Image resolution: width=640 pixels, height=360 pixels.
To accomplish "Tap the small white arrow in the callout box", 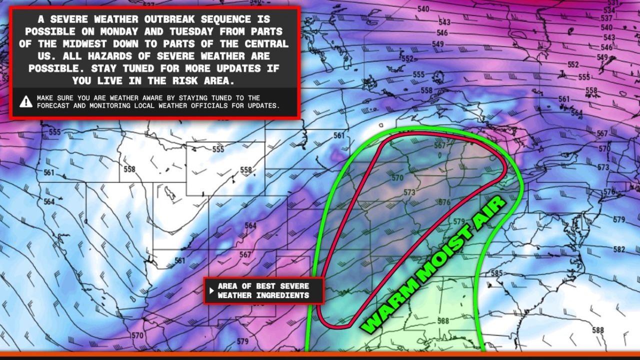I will (x=212, y=290).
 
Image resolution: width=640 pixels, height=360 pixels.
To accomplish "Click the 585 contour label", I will (x=496, y=273).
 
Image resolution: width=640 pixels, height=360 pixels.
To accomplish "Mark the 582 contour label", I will (x=619, y=249).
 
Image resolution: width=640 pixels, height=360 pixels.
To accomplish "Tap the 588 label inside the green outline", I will (x=442, y=321).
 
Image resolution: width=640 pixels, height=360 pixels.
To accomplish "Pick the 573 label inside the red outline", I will (x=409, y=192).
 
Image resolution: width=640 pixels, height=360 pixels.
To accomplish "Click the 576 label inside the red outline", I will (x=444, y=202).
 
